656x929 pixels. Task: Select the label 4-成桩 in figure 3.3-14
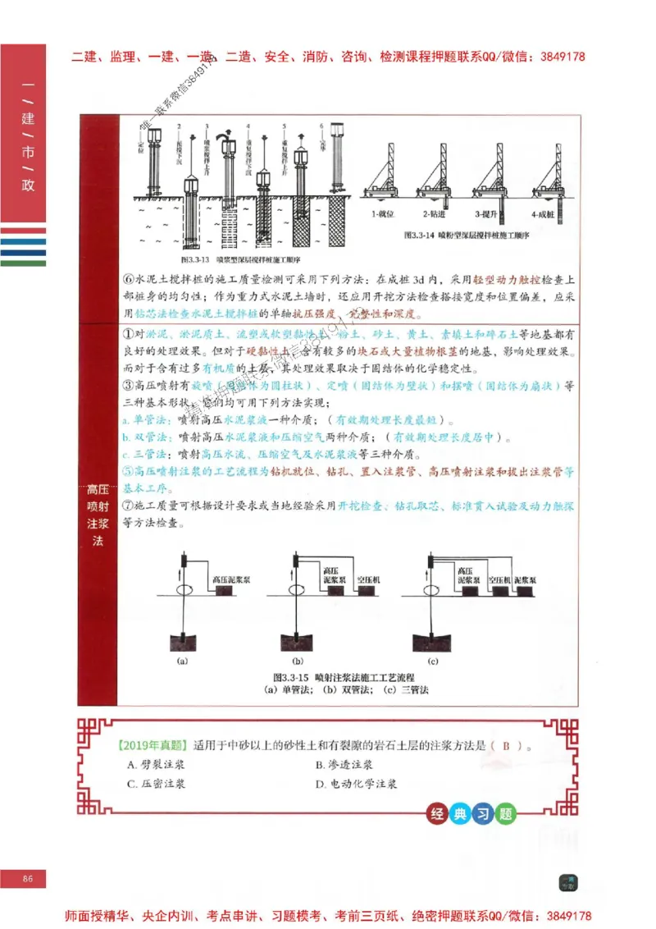(x=543, y=214)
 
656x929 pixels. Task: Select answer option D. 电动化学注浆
(x=357, y=785)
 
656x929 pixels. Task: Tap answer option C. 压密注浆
(x=156, y=785)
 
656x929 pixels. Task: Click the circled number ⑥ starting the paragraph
(x=128, y=279)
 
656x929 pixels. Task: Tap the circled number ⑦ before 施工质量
(x=128, y=506)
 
